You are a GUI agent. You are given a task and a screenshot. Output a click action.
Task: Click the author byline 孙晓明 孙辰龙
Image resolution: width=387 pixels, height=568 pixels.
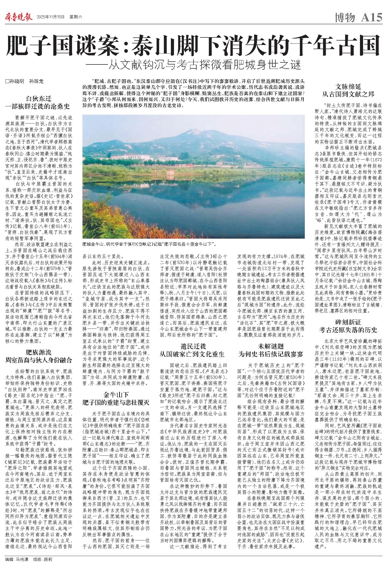pyautogui.click(x=25, y=81)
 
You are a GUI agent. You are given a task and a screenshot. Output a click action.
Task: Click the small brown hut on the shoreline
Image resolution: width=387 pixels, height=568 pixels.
pyautogui.click(x=171, y=172)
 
